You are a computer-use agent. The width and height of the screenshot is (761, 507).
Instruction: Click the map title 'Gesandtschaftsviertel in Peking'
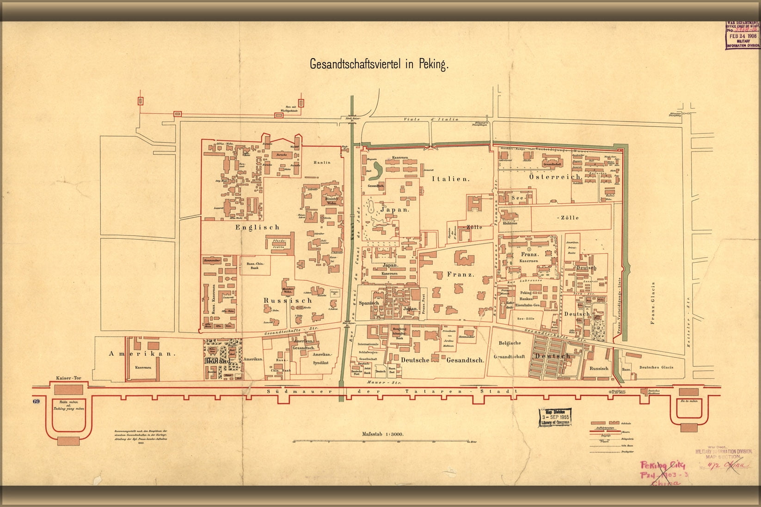point(379,64)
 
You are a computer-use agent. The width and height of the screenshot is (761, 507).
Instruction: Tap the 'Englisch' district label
point(258,227)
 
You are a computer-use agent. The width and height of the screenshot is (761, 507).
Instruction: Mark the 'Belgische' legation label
point(510,343)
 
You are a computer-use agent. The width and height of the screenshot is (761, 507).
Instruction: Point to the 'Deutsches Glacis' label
point(656,368)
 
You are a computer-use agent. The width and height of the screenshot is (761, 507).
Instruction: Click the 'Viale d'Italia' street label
point(430,119)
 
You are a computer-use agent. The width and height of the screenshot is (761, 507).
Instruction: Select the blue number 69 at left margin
point(37,401)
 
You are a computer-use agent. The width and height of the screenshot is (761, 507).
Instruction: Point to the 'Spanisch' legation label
point(369,303)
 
